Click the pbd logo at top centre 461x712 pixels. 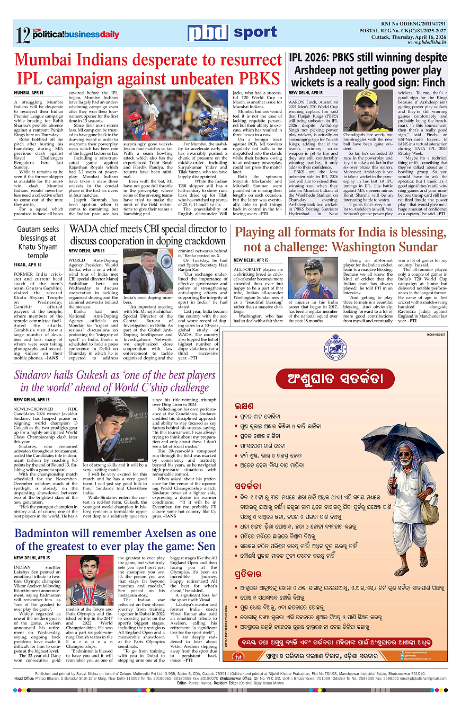point(207,33)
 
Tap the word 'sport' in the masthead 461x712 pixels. point(255,32)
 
